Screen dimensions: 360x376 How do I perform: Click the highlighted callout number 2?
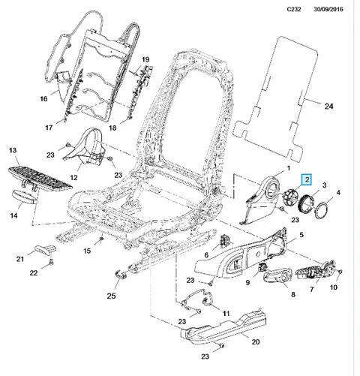pyautogui.click(x=307, y=179)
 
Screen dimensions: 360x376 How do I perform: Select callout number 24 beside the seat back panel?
pyautogui.click(x=328, y=107)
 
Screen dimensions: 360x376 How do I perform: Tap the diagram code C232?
pyautogui.click(x=294, y=10)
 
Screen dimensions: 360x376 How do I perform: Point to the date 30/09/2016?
pyautogui.click(x=328, y=10)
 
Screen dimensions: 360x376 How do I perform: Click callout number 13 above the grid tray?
pyautogui.click(x=13, y=150)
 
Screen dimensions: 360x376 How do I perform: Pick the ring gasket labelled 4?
pyautogui.click(x=322, y=211)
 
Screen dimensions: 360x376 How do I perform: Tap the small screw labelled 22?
pyautogui.click(x=52, y=262)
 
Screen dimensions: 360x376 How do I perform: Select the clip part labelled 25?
pyautogui.click(x=121, y=274)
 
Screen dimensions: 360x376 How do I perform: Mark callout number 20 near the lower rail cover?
pyautogui.click(x=256, y=341)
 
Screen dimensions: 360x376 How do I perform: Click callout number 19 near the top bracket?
pyautogui.click(x=145, y=59)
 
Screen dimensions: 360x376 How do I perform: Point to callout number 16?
pyautogui.click(x=43, y=99)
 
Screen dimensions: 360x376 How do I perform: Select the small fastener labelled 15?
pyautogui.click(x=101, y=239)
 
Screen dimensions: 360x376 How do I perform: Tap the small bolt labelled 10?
pyautogui.click(x=340, y=272)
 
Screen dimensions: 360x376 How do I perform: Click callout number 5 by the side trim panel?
pyautogui.click(x=301, y=235)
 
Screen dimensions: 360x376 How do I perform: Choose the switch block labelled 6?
pyautogui.click(x=225, y=241)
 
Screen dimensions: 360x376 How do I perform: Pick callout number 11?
pyautogui.click(x=226, y=313)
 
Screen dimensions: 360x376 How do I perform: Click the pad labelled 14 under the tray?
pyautogui.click(x=25, y=197)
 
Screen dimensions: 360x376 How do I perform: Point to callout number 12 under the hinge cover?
pyautogui.click(x=73, y=178)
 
